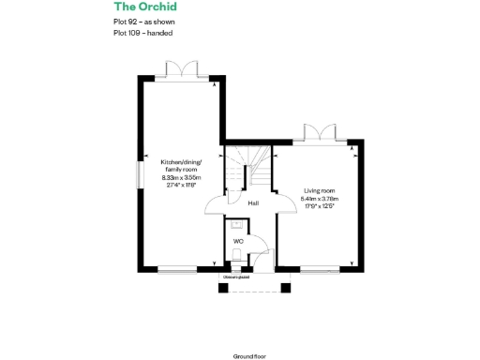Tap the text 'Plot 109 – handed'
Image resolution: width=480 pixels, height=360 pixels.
click(142, 32)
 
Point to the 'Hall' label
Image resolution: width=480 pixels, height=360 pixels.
click(253, 202)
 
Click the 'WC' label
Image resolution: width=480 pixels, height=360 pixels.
click(238, 241)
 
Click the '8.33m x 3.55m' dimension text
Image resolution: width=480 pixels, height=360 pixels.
click(181, 177)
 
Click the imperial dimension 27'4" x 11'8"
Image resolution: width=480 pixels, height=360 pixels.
click(181, 185)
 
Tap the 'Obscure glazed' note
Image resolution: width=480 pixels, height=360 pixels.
click(235, 277)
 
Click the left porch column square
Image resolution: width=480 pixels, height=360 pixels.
click(223, 287)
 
